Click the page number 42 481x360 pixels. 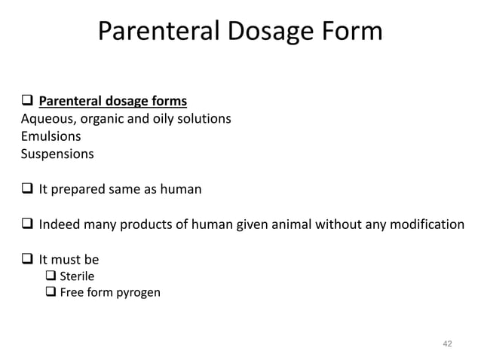pos(447,343)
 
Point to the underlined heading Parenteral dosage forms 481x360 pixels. pos(112,101)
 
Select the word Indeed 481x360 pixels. pos(60,224)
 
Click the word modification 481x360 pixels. pos(424,224)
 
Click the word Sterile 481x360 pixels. pos(77,276)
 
